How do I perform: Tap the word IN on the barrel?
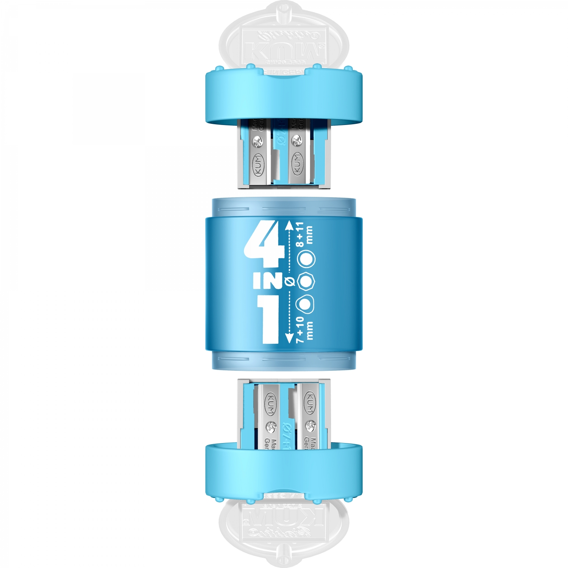pos(267,281)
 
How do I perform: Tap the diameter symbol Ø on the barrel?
pos(290,281)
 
